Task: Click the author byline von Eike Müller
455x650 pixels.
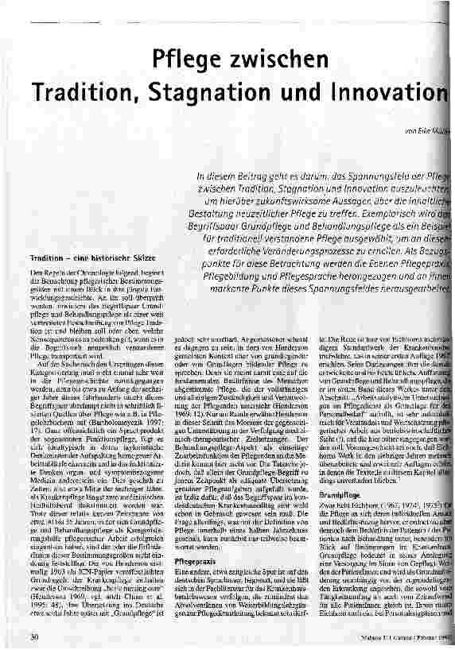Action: (x=425, y=130)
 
